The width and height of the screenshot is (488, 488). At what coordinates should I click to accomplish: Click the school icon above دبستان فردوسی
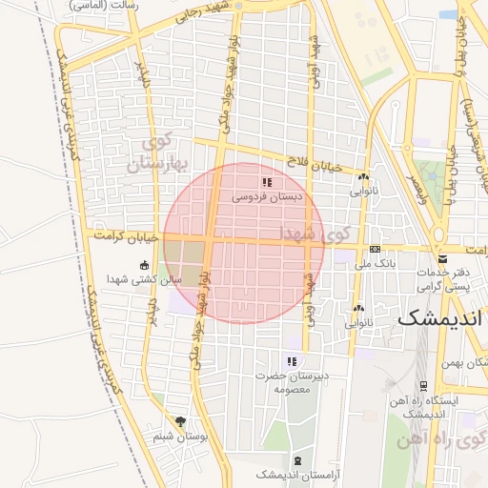click(x=267, y=181)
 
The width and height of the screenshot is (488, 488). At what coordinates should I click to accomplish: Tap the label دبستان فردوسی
click(x=267, y=196)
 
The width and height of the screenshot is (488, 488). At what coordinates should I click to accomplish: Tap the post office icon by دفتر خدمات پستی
click(x=441, y=258)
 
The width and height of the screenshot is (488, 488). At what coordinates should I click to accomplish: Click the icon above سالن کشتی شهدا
click(x=144, y=265)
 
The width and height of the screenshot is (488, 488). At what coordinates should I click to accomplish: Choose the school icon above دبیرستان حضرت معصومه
click(x=292, y=361)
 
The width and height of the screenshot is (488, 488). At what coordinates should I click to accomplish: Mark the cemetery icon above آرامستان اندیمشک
click(x=296, y=460)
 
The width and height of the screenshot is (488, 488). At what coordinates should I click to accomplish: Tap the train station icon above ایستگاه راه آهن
click(x=423, y=385)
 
